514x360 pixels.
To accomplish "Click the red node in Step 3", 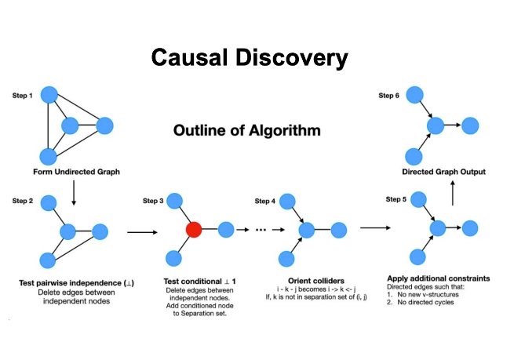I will tap(194, 230).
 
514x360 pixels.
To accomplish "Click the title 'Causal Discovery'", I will tap(250, 59).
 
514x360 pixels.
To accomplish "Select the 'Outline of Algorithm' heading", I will tap(246, 129).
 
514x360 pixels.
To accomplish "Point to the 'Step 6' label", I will tap(388, 96).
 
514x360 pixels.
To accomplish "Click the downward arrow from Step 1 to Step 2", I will tap(73, 193).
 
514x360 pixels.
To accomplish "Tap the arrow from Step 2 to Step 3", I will tap(141, 232).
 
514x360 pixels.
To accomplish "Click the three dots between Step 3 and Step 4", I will tap(261, 231).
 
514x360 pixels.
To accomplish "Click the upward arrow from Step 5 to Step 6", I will tap(452, 194).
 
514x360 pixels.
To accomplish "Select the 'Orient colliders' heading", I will tap(307, 280).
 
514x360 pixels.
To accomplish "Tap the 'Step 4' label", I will tap(265, 202).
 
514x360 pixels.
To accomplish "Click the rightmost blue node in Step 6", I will tap(470, 125).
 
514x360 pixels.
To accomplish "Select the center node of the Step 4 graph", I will tap(307, 230).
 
